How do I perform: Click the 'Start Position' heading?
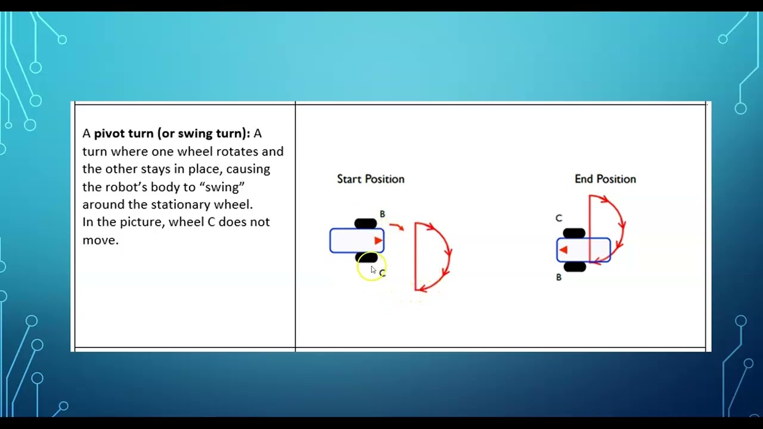(x=370, y=179)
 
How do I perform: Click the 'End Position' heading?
(x=605, y=179)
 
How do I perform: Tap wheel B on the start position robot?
(x=365, y=223)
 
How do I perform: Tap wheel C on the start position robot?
(x=366, y=257)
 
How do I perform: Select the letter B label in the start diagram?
(x=382, y=214)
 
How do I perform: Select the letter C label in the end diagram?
(x=559, y=218)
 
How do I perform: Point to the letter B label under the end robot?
(x=559, y=277)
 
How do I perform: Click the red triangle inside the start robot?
(x=378, y=241)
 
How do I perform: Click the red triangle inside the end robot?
(x=563, y=250)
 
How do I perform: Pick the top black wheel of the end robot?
(x=574, y=233)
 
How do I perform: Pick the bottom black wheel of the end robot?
(x=575, y=267)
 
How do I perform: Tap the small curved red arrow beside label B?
(x=397, y=226)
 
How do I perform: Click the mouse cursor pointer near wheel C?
(x=373, y=270)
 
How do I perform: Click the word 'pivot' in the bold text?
(x=109, y=133)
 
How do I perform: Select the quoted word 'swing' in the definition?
(x=222, y=186)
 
